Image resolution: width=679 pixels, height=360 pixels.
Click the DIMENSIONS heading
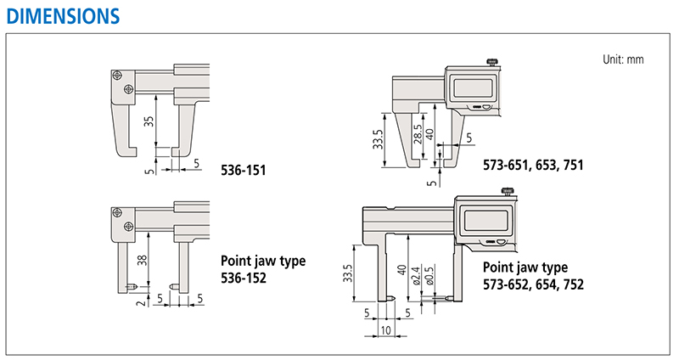coord(63,16)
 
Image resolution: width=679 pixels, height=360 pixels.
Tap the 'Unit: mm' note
coord(623,59)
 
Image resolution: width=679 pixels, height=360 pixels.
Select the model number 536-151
coord(244,170)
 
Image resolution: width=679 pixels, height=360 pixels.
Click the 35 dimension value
coord(149,121)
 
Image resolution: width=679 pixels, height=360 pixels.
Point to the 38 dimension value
coord(142,261)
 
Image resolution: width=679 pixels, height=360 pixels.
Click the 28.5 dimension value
coord(417,134)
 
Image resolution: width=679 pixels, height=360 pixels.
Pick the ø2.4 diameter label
coord(416,276)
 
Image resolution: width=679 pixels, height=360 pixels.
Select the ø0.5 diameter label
coord(429,276)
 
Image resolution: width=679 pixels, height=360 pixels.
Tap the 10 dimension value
coord(385,330)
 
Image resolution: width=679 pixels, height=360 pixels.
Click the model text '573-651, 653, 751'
coord(533,165)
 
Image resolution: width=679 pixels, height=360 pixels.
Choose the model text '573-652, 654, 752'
coord(533,284)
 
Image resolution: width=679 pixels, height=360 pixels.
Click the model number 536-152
coord(244,278)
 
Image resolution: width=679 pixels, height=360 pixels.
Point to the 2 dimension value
coord(142,303)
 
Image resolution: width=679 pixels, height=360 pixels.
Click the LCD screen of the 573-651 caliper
coord(475,88)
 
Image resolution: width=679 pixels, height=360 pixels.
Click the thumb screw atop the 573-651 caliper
coord(492,62)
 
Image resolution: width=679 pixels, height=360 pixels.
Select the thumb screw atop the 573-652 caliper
coord(508,191)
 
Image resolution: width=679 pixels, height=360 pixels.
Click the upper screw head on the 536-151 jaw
coord(117,76)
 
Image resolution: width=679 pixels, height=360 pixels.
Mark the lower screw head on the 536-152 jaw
coord(128,226)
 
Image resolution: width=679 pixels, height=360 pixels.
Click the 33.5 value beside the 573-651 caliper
coord(378,139)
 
